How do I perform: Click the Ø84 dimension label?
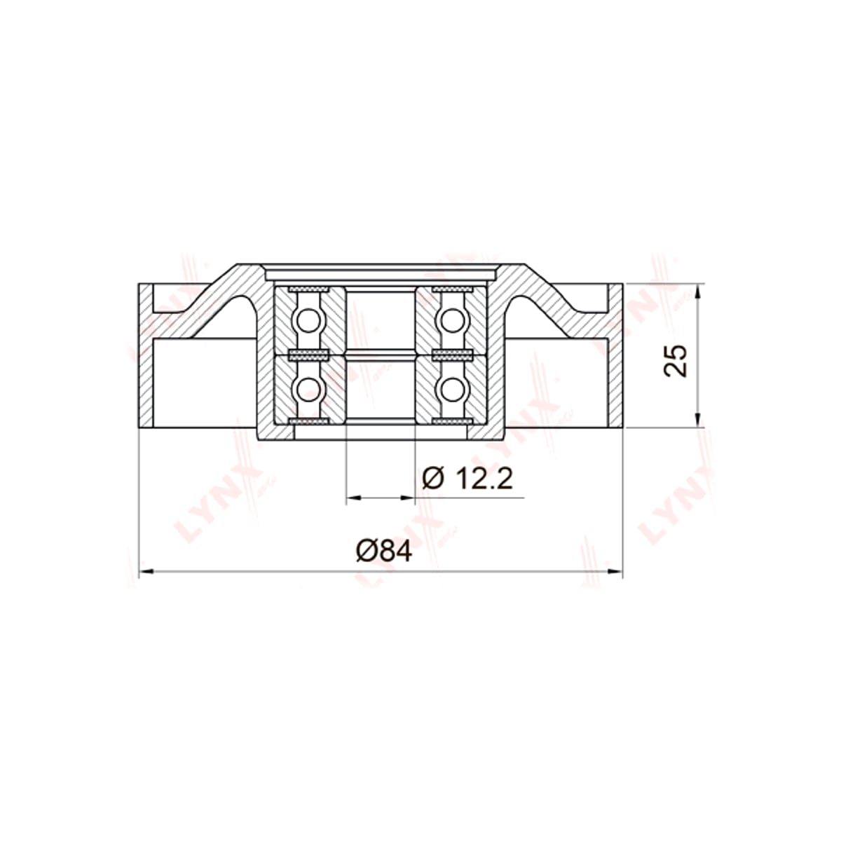pyautogui.click(x=383, y=552)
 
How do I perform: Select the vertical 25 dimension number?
pyautogui.click(x=675, y=361)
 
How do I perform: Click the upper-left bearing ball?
pyautogui.click(x=308, y=320)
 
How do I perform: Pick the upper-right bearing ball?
pyautogui.click(x=452, y=320)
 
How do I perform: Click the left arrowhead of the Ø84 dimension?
pyautogui.click(x=146, y=571)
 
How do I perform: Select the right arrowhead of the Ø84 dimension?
pyautogui.click(x=615, y=571)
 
